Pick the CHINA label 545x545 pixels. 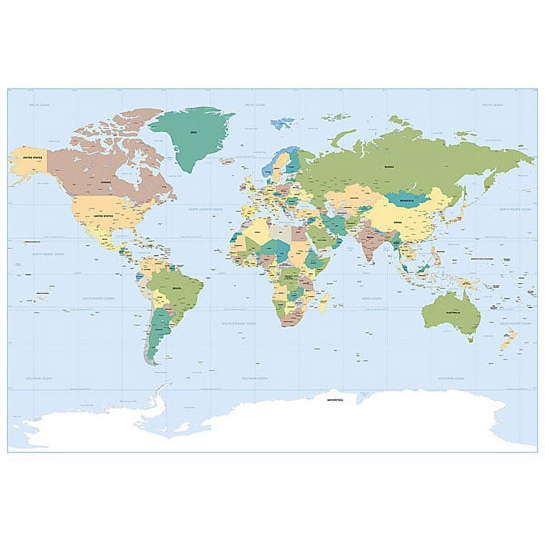point(398,223)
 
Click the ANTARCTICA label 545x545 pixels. point(336,400)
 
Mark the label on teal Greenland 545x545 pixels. point(194,132)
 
